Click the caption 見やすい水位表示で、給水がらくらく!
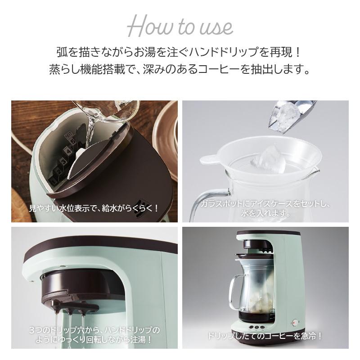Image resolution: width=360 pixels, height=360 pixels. pyautogui.click(x=94, y=208)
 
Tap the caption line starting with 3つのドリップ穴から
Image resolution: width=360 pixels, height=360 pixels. pyautogui.click(x=94, y=329)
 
